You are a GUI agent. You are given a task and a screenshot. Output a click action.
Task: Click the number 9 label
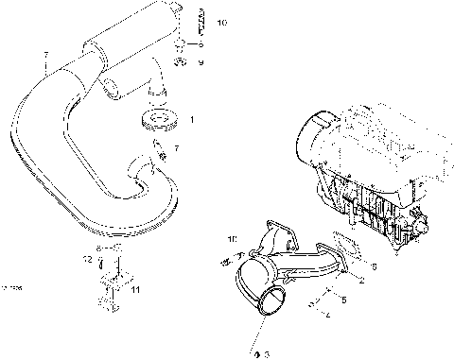click(200, 62)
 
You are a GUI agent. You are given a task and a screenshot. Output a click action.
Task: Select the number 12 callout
click(84, 258)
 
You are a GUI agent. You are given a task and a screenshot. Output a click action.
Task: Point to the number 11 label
click(135, 290)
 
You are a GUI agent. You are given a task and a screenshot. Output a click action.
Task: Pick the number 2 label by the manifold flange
click(359, 282)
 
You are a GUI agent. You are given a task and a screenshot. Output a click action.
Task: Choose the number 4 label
click(327, 316)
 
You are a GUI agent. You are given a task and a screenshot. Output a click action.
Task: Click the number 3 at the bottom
click(264, 353)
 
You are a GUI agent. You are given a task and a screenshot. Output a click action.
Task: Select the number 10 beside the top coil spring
click(220, 21)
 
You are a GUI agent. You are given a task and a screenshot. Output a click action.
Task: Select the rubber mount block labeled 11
click(107, 290)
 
